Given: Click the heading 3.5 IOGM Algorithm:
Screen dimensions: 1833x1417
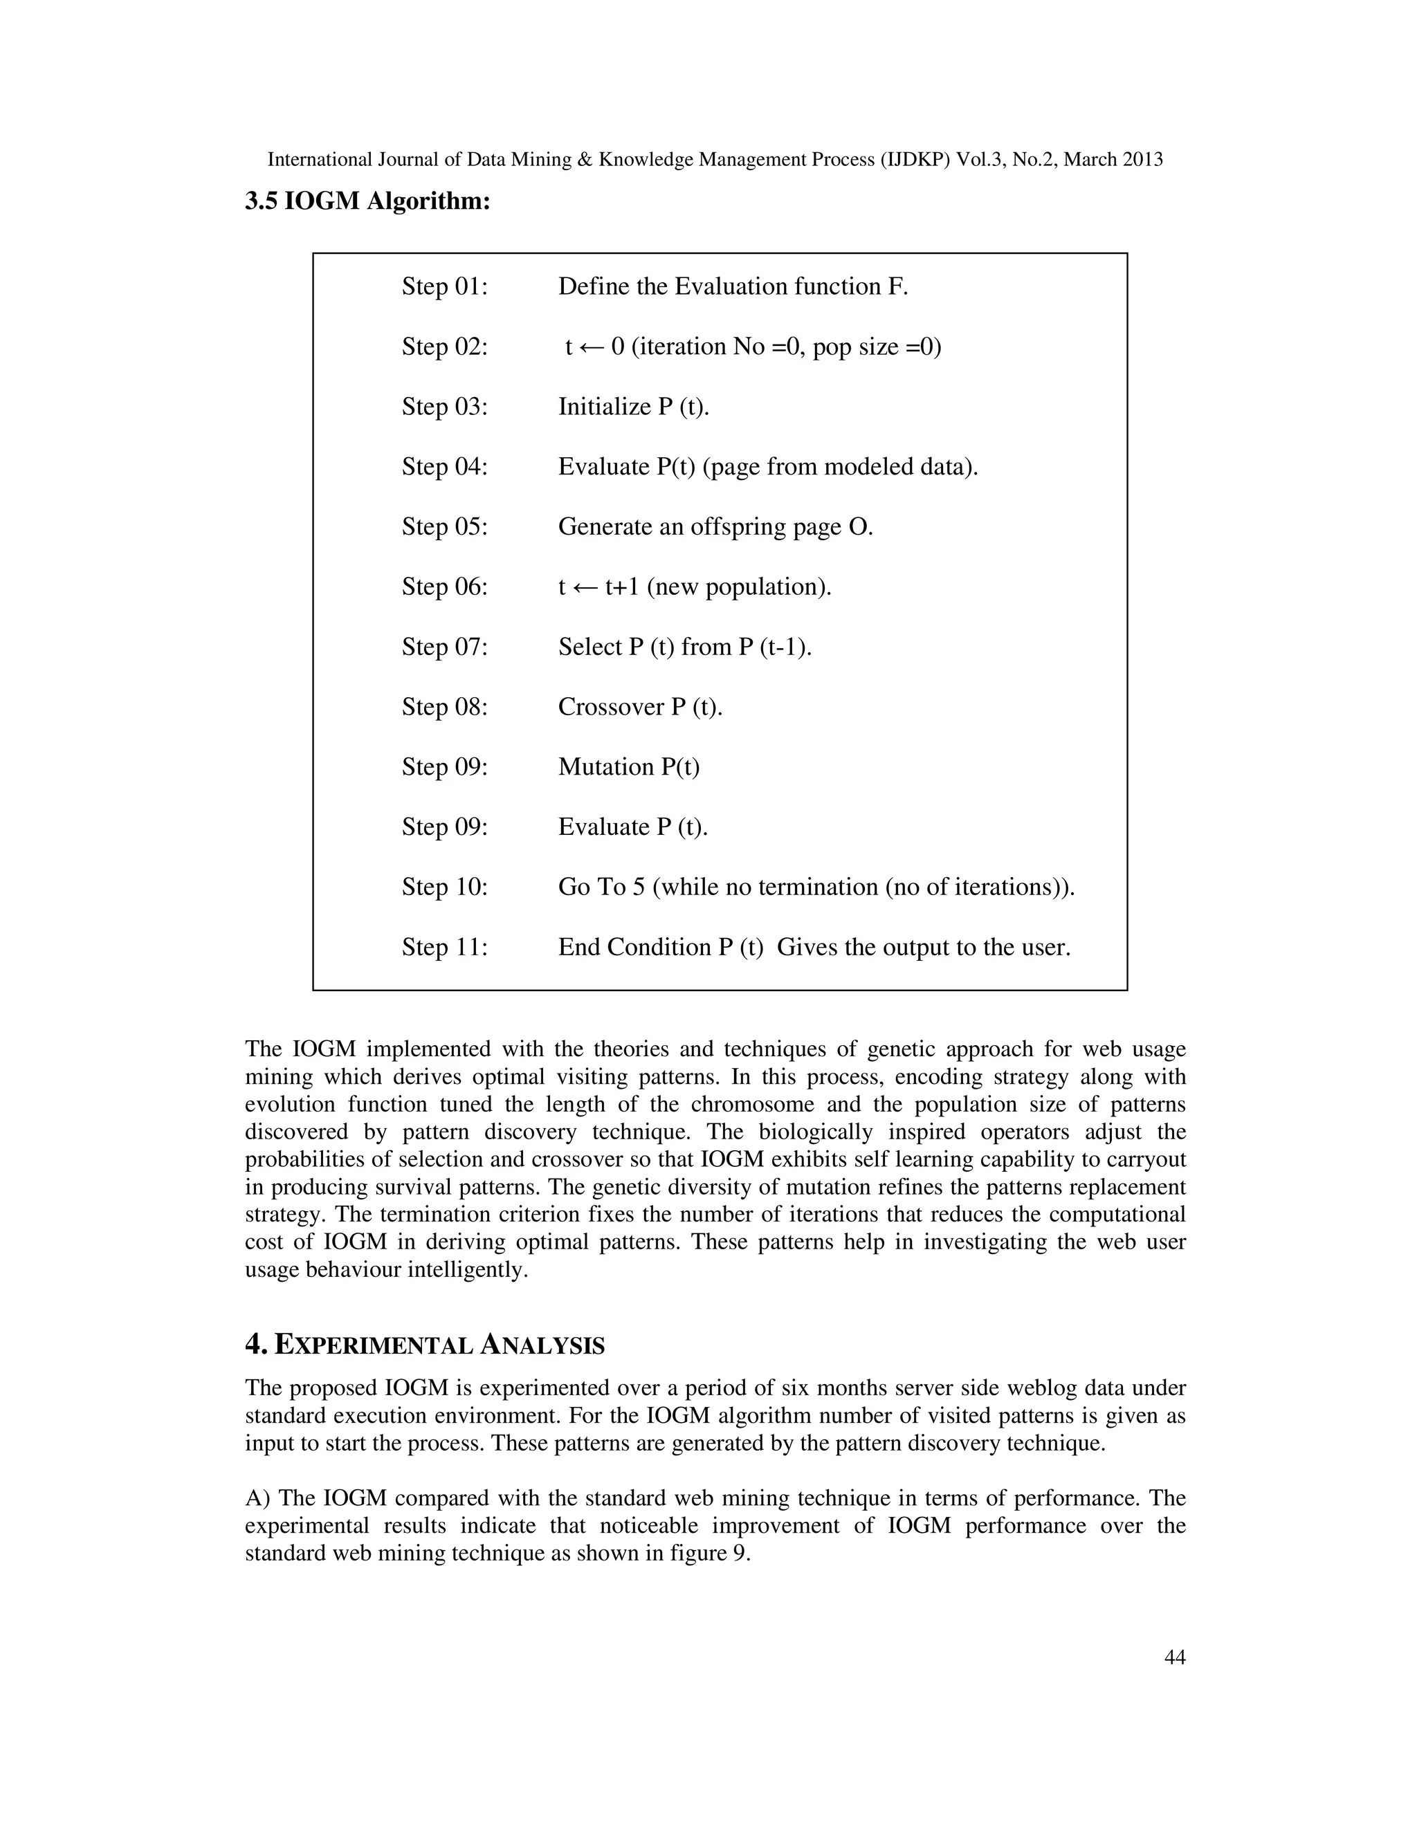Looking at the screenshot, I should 367,201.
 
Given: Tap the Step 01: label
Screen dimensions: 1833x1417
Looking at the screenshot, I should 444,287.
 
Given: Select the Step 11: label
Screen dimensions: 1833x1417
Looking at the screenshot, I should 444,948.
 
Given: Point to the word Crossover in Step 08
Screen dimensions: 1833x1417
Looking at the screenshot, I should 610,708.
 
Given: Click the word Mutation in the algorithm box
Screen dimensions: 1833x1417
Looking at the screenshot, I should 605,767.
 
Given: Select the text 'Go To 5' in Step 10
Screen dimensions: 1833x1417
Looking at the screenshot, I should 601,887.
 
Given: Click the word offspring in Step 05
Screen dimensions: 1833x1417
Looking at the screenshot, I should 738,527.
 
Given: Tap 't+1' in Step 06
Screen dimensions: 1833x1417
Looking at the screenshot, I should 622,587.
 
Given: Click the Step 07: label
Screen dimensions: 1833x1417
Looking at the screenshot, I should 444,647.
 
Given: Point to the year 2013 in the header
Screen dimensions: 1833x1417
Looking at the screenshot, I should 1142,160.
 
